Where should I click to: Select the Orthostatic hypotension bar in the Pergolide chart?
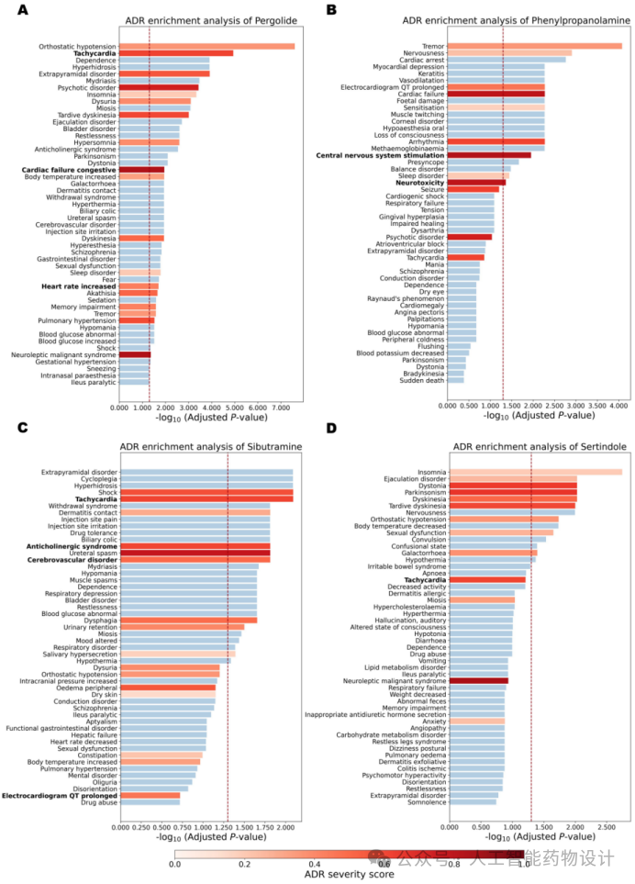207,46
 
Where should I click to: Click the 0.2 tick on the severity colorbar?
244,863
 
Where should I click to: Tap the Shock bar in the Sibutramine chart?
206,492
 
